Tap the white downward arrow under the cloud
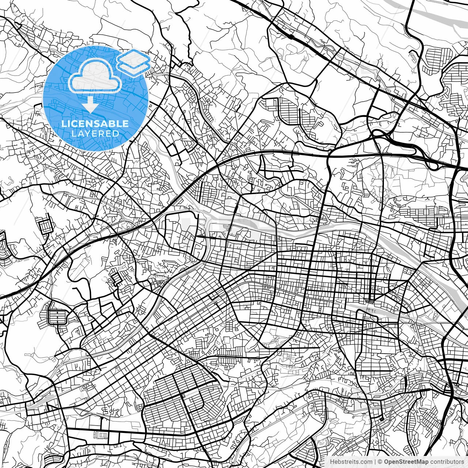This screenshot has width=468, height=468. pyautogui.click(x=90, y=105)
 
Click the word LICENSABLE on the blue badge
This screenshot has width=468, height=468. pyautogui.click(x=95, y=124)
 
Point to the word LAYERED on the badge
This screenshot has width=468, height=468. pyautogui.click(x=95, y=133)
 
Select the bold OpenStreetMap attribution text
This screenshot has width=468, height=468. pyautogui.click(x=406, y=461)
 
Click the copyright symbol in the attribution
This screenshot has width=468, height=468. pyautogui.click(x=380, y=461)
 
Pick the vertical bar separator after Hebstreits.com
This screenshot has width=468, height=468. pyautogui.click(x=375, y=461)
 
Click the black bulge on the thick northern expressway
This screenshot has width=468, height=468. pyautogui.click(x=291, y=37)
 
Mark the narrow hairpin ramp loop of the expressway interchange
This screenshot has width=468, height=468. pyautogui.click(x=433, y=165)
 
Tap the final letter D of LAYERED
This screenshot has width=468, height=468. pyautogui.click(x=116, y=133)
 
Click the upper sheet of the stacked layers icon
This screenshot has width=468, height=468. pyautogui.click(x=133, y=57)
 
